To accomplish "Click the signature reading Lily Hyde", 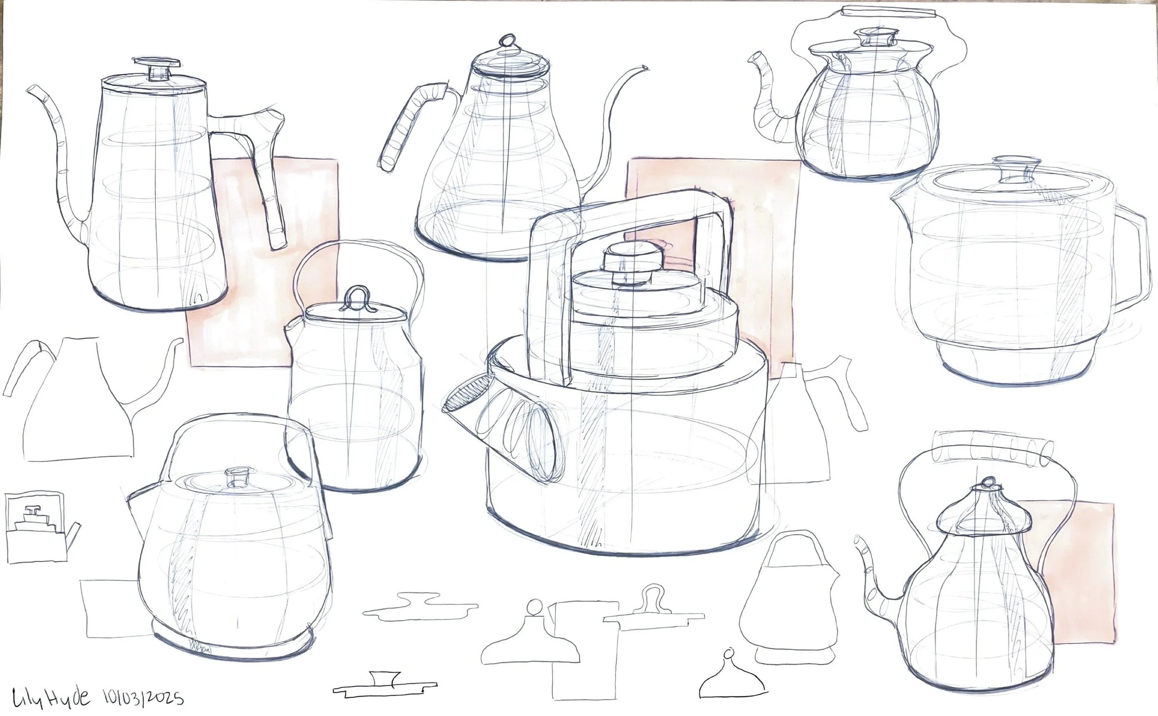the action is pyautogui.click(x=50, y=696).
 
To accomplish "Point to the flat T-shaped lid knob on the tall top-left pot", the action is pyautogui.click(x=157, y=69).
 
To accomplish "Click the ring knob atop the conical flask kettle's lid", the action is pyautogui.click(x=508, y=40).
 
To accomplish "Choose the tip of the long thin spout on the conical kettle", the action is pyautogui.click(x=645, y=69).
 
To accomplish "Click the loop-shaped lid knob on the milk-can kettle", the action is pyautogui.click(x=359, y=298).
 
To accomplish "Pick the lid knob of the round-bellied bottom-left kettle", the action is pyautogui.click(x=238, y=477).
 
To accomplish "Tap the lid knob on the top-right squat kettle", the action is pyautogui.click(x=875, y=38).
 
